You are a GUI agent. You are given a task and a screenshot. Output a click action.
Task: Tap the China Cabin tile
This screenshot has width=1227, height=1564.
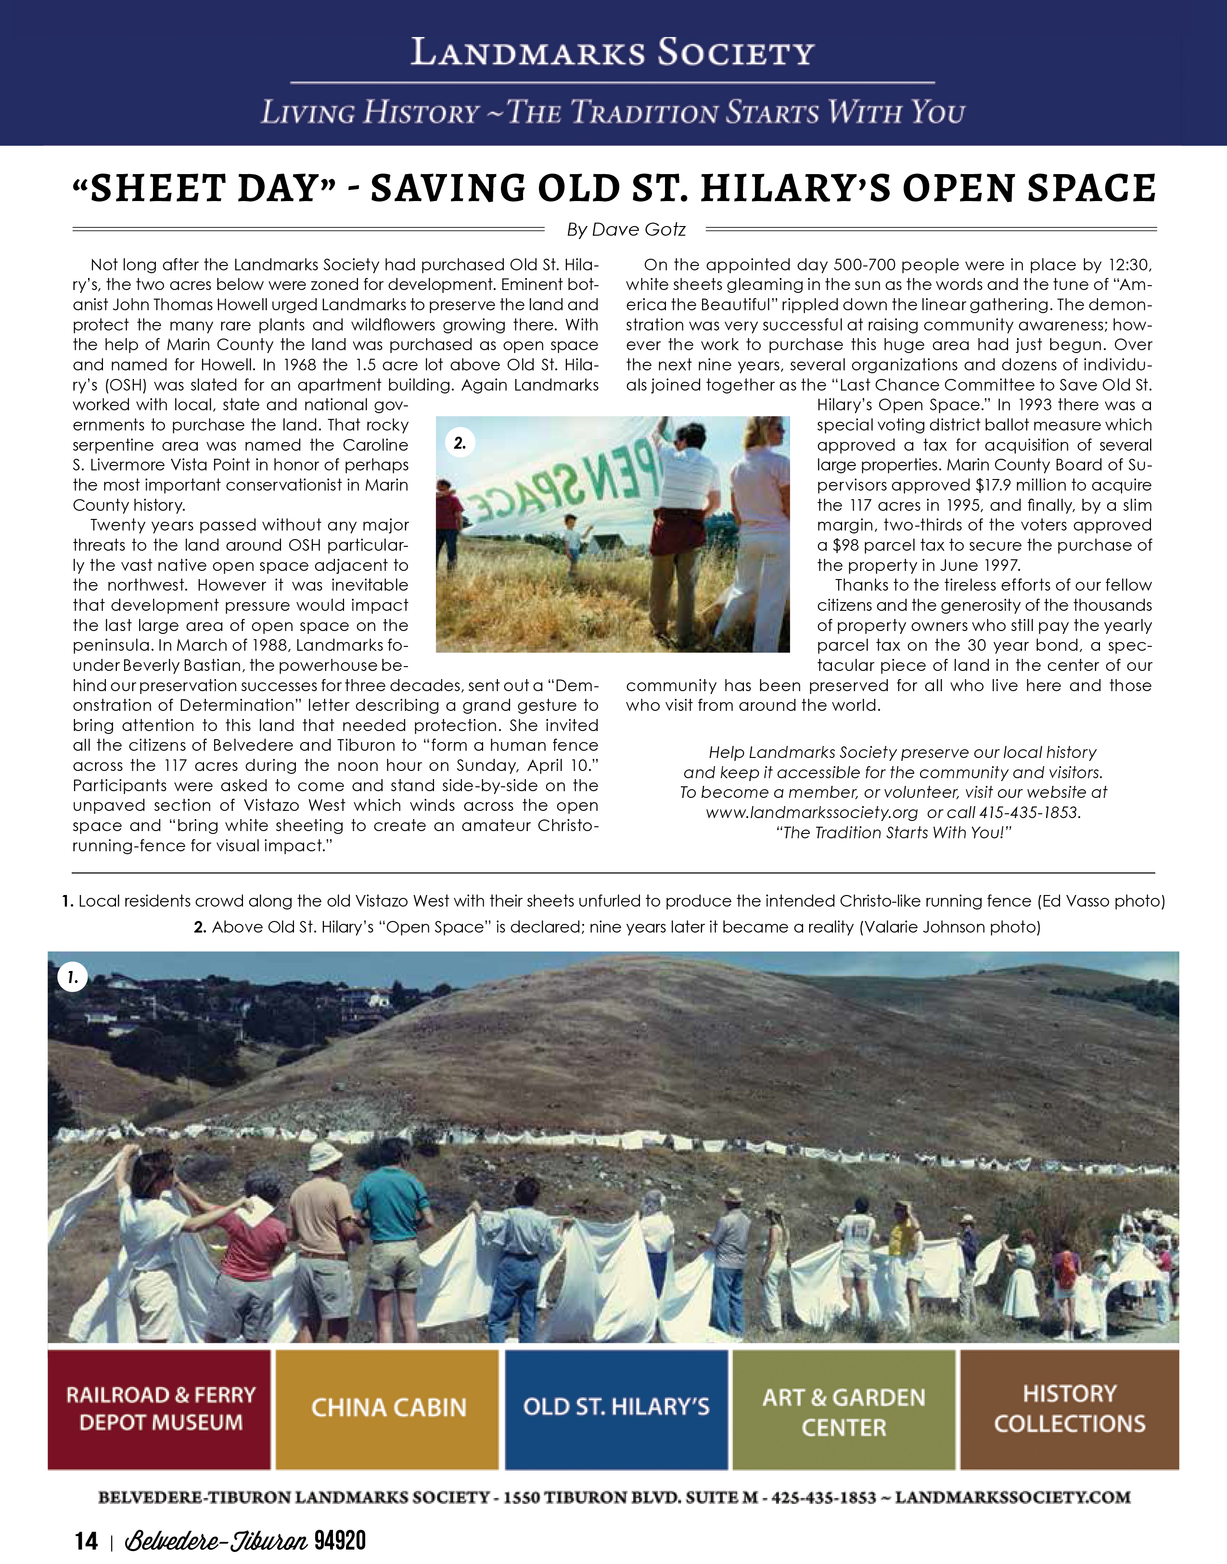[x=387, y=1409]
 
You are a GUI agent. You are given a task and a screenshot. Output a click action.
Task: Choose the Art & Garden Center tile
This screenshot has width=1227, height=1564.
[x=844, y=1409]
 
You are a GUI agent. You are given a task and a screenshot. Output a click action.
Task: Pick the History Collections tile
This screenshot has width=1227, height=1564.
[x=1069, y=1409]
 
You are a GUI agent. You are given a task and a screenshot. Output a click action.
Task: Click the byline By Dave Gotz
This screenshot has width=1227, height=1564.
[x=626, y=230]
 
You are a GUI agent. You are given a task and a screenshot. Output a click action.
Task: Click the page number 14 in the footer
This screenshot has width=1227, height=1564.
[x=86, y=1539]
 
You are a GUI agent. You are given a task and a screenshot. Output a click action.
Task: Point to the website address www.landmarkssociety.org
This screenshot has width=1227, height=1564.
[x=812, y=813]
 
